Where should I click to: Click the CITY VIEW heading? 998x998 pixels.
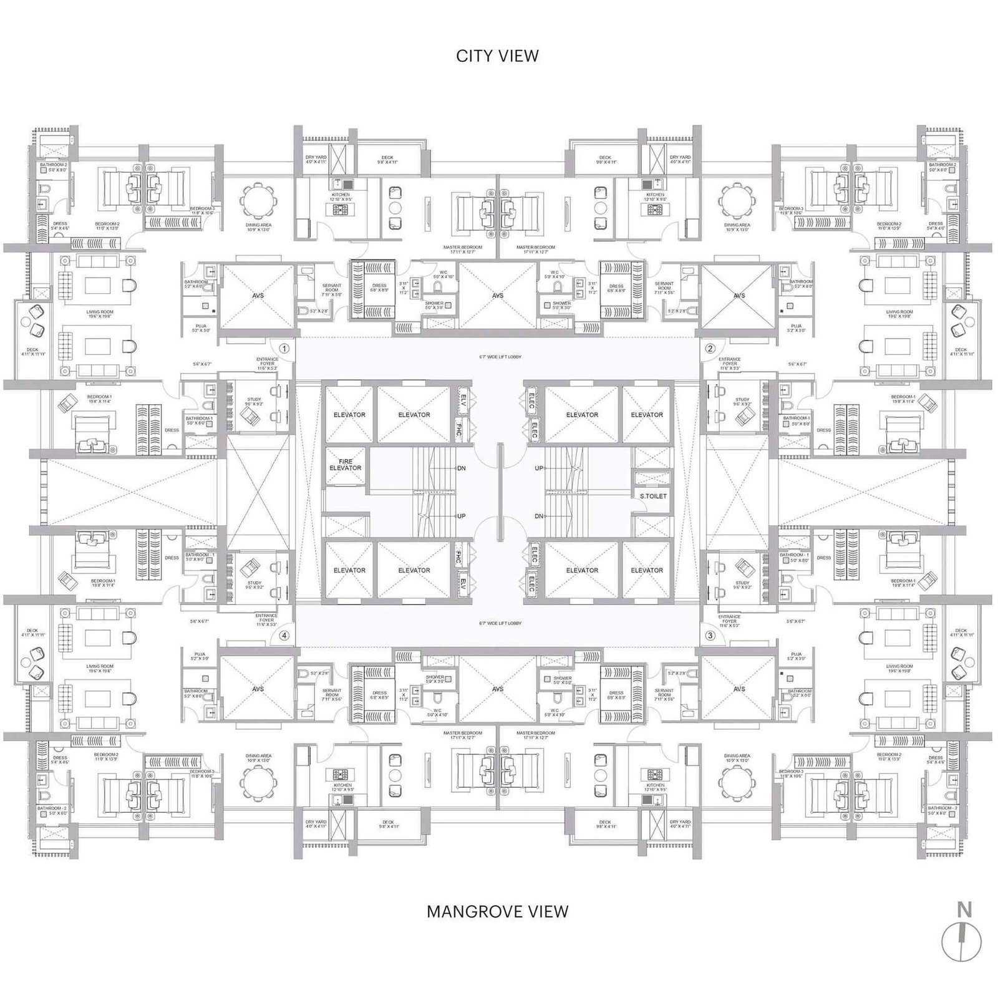497,56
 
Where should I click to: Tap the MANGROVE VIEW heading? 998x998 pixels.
497,911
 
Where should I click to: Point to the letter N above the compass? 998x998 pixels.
964,910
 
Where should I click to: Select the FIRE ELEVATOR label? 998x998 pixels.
346,465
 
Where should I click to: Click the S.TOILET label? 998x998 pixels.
652,497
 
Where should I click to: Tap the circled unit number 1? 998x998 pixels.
284,349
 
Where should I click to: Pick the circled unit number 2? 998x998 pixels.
710,349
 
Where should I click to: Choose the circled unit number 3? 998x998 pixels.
710,636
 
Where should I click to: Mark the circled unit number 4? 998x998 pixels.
284,636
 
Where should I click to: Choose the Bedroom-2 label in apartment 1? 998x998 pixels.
107,225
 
